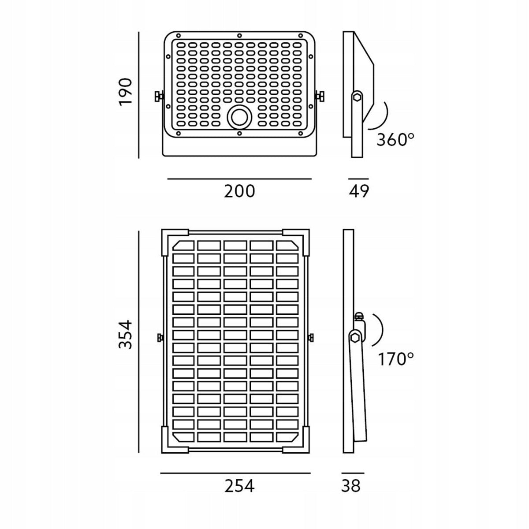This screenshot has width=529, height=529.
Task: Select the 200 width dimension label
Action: (239, 191)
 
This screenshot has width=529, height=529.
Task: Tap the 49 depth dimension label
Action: (359, 191)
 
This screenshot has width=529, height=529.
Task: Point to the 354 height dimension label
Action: (126, 334)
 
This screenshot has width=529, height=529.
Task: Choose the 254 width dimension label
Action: (239, 486)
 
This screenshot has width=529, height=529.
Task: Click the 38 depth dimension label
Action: (351, 486)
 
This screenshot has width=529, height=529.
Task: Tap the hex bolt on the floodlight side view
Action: (358, 97)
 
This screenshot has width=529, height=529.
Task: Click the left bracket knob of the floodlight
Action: (159, 97)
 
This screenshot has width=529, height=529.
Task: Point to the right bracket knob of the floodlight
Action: (320, 97)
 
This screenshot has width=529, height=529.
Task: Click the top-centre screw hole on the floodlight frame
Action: (239, 36)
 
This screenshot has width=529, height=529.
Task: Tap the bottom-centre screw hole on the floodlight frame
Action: (239, 134)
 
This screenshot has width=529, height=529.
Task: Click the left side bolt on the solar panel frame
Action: (159, 337)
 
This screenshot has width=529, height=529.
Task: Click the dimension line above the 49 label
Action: (358, 179)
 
